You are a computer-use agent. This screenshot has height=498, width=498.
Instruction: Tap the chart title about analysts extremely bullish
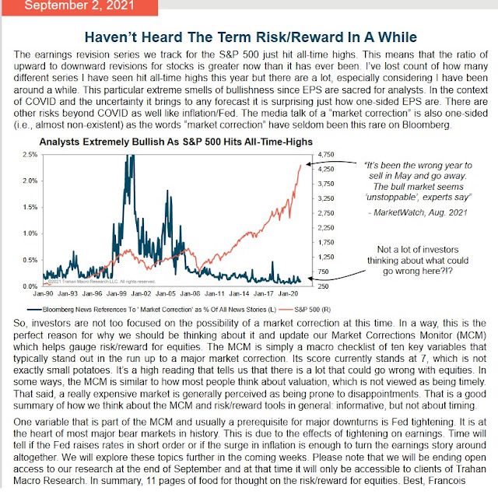[176, 142]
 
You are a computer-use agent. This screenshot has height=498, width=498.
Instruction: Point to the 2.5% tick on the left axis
[30, 155]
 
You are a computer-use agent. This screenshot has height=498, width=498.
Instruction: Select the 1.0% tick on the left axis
[30, 233]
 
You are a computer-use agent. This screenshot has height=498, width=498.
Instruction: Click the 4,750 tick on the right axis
[326, 155]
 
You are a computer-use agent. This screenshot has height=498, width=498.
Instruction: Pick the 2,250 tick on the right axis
[326, 228]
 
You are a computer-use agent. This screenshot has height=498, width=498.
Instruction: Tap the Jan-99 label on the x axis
[117, 294]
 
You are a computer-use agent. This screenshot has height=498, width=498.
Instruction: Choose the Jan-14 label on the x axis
[239, 294]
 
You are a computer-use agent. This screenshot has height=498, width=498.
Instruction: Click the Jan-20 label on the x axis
[288, 294]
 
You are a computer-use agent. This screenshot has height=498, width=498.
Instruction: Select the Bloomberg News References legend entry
[152, 310]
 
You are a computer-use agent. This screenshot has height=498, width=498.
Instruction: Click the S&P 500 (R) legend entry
[307, 310]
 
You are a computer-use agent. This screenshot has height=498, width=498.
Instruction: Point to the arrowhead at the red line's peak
[308, 164]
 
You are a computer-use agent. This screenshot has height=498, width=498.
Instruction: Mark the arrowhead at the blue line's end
[310, 279]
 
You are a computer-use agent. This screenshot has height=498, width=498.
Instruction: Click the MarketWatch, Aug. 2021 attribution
[418, 212]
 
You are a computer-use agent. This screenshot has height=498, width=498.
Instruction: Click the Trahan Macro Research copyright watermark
[102, 282]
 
